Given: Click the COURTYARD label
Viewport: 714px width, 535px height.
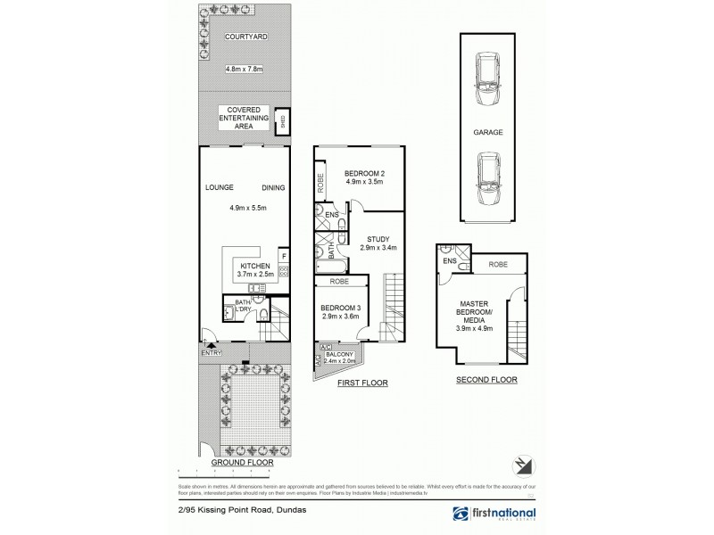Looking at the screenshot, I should [242, 37].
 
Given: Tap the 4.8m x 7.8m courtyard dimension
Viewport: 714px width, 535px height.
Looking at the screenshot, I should [244, 69].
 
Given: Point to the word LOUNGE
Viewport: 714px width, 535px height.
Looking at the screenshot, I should [219, 187].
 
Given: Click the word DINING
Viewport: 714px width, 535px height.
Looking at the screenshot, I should [273, 187].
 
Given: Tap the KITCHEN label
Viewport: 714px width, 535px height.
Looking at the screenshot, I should [255, 266].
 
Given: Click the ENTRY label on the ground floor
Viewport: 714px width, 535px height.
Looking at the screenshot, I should [211, 353].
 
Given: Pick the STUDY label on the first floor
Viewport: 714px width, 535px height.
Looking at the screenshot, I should [375, 239].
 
